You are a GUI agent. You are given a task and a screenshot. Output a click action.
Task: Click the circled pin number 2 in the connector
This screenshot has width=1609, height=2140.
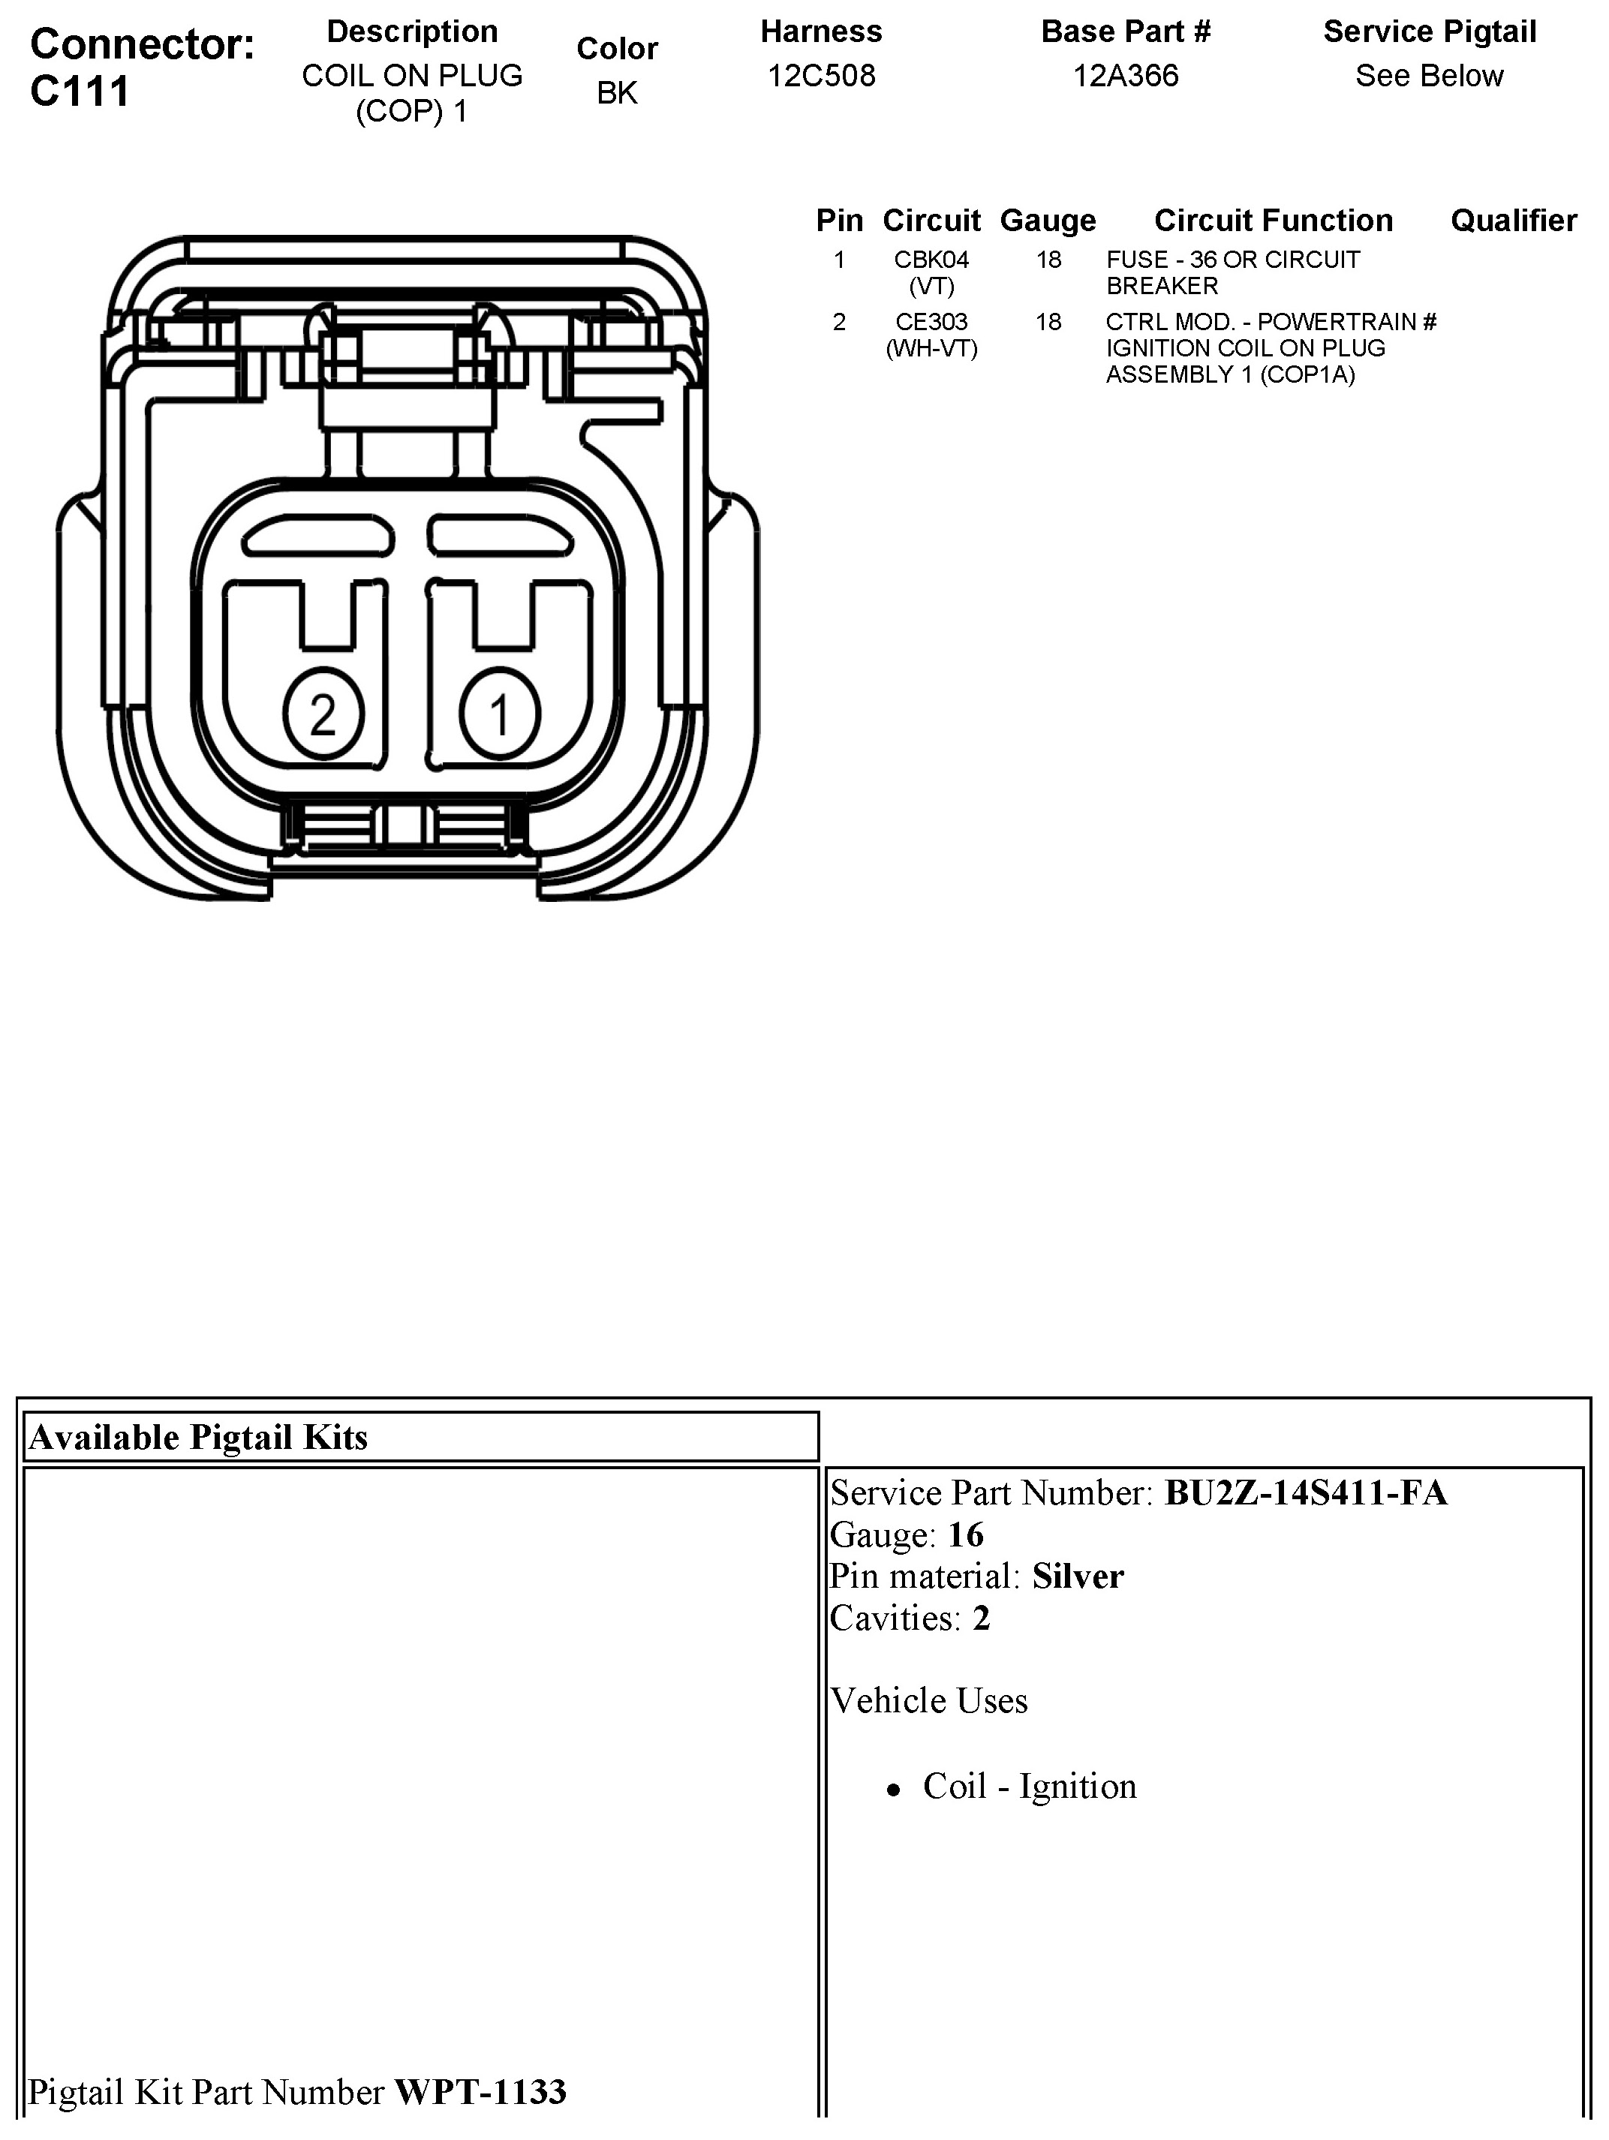(323, 715)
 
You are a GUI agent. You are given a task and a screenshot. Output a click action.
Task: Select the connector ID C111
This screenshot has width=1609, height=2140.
(80, 92)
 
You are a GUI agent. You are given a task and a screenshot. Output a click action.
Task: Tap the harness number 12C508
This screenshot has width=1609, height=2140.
(822, 76)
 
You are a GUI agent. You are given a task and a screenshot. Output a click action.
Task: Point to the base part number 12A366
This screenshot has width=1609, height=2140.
(1125, 76)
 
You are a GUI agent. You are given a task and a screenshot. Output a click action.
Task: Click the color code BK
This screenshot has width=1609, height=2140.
(618, 93)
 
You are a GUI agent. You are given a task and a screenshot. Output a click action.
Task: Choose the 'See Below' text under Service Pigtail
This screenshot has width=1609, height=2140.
(1429, 76)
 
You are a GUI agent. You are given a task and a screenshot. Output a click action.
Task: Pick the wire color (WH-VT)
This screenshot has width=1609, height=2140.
(932, 348)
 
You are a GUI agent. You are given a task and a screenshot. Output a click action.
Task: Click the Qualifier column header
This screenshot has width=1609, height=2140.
(1513, 221)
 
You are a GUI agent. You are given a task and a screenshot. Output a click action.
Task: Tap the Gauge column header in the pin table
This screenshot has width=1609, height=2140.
(1048, 221)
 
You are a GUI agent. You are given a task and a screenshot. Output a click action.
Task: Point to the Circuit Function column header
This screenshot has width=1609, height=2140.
(1274, 221)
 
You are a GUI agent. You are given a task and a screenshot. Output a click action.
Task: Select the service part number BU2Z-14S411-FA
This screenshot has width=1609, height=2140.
(1305, 1492)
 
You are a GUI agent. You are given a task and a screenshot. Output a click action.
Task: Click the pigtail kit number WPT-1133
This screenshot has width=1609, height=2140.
(480, 2092)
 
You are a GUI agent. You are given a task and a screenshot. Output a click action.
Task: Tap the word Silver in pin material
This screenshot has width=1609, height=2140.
(1078, 1576)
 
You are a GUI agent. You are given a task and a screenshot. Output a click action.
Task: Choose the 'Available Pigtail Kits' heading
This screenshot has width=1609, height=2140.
(198, 1438)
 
